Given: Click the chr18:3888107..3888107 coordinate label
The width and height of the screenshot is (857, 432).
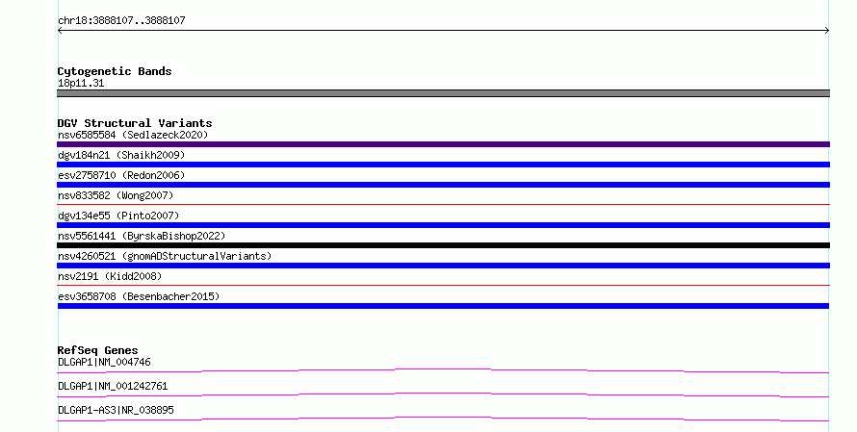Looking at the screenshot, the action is (121, 21).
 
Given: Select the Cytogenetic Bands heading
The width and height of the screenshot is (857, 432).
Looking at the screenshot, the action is (115, 71).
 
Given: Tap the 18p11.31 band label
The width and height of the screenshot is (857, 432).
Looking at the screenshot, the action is (81, 83).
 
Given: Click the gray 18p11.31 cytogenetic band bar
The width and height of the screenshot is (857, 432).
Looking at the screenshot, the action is (443, 93).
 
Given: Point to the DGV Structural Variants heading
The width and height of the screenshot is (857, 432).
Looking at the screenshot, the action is (135, 123).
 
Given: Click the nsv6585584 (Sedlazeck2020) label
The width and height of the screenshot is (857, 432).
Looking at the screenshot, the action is (133, 135).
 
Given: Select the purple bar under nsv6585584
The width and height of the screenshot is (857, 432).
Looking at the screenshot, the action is (443, 144).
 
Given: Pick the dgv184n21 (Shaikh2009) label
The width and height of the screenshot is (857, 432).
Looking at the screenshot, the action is (121, 155).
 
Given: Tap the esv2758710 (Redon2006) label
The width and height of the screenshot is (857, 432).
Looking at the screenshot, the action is (121, 175).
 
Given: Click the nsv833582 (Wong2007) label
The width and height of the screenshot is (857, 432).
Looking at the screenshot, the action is (116, 195).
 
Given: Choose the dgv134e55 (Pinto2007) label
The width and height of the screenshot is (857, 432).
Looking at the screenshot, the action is (118, 216).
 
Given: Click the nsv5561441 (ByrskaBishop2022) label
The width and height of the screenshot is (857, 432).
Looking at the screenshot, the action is (142, 236).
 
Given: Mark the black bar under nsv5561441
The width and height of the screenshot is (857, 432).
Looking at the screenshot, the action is (443, 245).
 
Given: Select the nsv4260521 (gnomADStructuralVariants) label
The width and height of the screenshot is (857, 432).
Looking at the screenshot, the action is (165, 256).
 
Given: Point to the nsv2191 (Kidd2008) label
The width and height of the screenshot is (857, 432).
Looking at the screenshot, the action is (110, 276).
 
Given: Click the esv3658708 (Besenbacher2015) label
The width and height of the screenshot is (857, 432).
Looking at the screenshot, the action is (139, 296).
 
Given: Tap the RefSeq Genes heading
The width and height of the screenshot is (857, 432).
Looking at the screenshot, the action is (98, 350).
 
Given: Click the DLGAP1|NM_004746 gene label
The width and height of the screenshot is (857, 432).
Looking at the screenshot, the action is (104, 362).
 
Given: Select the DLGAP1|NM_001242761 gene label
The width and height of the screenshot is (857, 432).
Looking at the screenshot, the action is (113, 386).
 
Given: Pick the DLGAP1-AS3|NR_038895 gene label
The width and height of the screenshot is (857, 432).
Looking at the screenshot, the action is (116, 410).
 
